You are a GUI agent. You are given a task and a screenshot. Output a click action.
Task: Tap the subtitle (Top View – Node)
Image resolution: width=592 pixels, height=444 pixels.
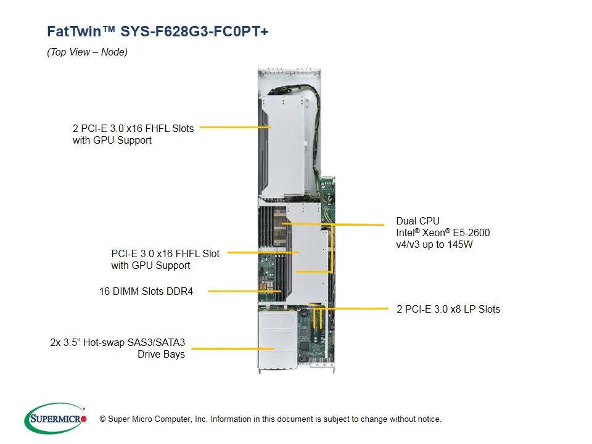coord(87,52)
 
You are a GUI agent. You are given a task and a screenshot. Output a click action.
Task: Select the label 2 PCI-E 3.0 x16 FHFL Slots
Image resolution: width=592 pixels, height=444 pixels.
coord(133,129)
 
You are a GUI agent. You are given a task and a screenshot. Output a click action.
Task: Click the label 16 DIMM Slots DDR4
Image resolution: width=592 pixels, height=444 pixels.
coord(146,291)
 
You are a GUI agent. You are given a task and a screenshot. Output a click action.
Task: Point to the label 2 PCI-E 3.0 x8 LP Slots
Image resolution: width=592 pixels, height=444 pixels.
coord(448,309)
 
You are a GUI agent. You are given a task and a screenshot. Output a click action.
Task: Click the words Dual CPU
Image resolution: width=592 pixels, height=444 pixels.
coord(418,221)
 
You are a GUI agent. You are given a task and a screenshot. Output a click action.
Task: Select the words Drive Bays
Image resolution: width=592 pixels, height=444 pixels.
coord(161,354)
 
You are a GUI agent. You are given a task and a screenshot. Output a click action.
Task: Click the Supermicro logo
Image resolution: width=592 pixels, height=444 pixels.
coord(55,419)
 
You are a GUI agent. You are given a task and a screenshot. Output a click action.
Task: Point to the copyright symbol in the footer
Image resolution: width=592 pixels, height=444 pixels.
coord(102,419)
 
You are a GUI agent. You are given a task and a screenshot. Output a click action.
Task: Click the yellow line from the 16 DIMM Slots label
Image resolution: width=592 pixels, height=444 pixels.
coord(244,291)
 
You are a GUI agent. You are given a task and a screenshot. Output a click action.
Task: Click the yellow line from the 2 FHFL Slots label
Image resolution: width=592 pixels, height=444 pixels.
coord(234,128)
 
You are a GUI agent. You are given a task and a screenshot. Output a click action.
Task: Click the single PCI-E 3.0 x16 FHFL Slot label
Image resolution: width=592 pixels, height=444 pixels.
coord(165,253)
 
